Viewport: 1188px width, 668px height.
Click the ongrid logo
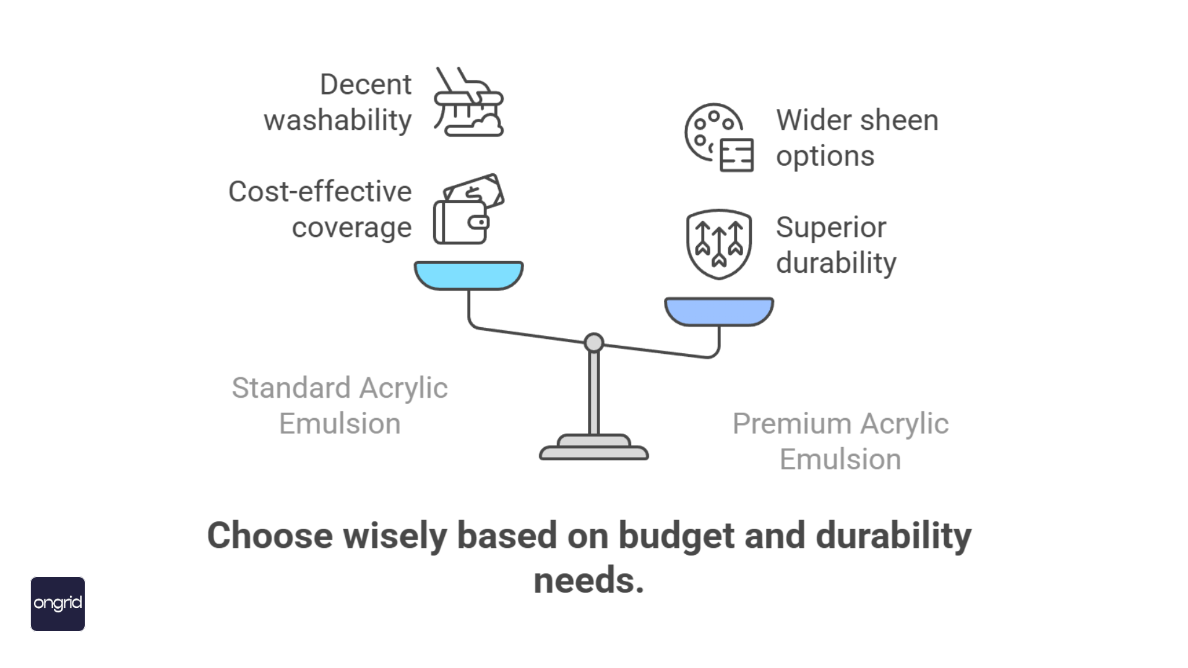point(58,604)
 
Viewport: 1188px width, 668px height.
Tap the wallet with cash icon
point(468,209)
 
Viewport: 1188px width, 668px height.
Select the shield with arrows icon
point(719,244)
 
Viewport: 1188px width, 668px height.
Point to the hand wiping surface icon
point(468,101)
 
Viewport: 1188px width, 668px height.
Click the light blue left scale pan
point(468,275)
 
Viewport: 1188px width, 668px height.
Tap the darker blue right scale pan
point(719,311)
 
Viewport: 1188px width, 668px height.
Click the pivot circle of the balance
point(594,343)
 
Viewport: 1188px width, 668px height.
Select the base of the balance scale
point(594,448)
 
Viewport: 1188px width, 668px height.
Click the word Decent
point(366,84)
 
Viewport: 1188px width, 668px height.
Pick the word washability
point(338,120)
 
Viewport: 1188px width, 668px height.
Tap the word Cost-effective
point(320,191)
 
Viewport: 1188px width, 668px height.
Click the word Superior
point(831,227)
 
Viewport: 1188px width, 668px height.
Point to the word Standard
point(291,388)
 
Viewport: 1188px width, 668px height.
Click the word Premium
point(791,424)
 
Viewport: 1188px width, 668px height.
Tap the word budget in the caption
point(676,536)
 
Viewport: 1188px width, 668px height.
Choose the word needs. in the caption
point(589,581)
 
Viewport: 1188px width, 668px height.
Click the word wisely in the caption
point(395,536)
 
